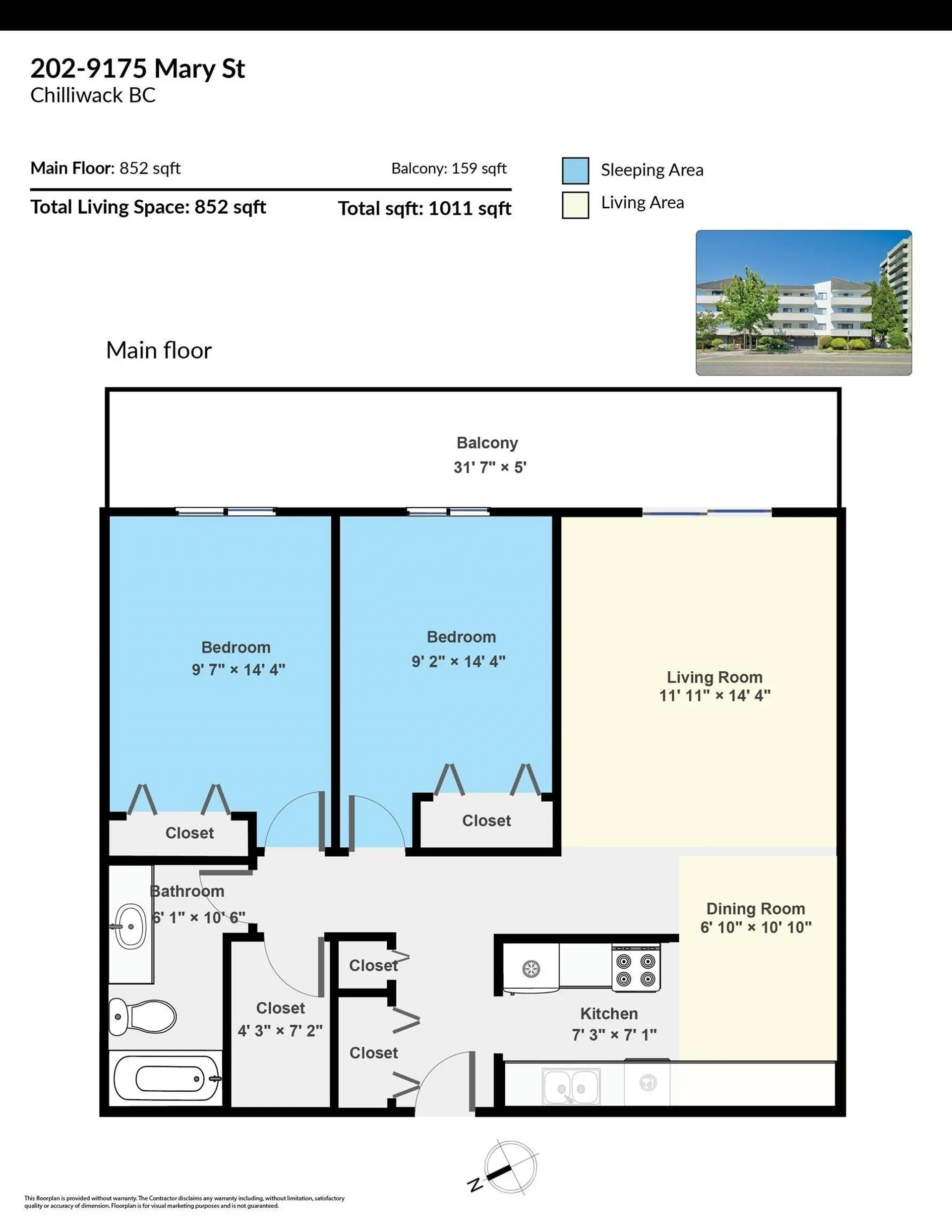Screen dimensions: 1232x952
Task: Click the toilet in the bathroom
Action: [144, 1016]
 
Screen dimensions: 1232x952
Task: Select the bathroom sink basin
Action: [130, 926]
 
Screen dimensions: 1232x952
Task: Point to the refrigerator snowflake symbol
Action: [531, 969]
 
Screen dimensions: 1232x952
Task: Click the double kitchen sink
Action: [571, 1086]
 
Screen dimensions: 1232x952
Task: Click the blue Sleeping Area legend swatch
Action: [575, 171]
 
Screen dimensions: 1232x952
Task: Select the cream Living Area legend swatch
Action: [575, 204]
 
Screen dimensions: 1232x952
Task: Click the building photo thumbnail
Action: [803, 302]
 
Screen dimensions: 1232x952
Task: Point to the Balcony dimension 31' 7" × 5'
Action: [489, 467]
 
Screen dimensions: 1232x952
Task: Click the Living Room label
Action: [714, 677]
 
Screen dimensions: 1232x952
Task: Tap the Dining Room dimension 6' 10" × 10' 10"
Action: [756, 928]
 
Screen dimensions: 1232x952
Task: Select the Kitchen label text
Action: [609, 1014]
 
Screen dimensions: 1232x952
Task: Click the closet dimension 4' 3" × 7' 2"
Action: [280, 1031]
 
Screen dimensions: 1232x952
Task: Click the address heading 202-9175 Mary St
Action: [138, 69]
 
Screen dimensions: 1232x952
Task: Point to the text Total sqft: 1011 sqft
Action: [424, 209]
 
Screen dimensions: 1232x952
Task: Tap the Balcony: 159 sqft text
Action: [449, 168]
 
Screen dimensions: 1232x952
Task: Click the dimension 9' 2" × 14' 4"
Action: [458, 661]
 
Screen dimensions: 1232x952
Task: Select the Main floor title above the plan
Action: [159, 351]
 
